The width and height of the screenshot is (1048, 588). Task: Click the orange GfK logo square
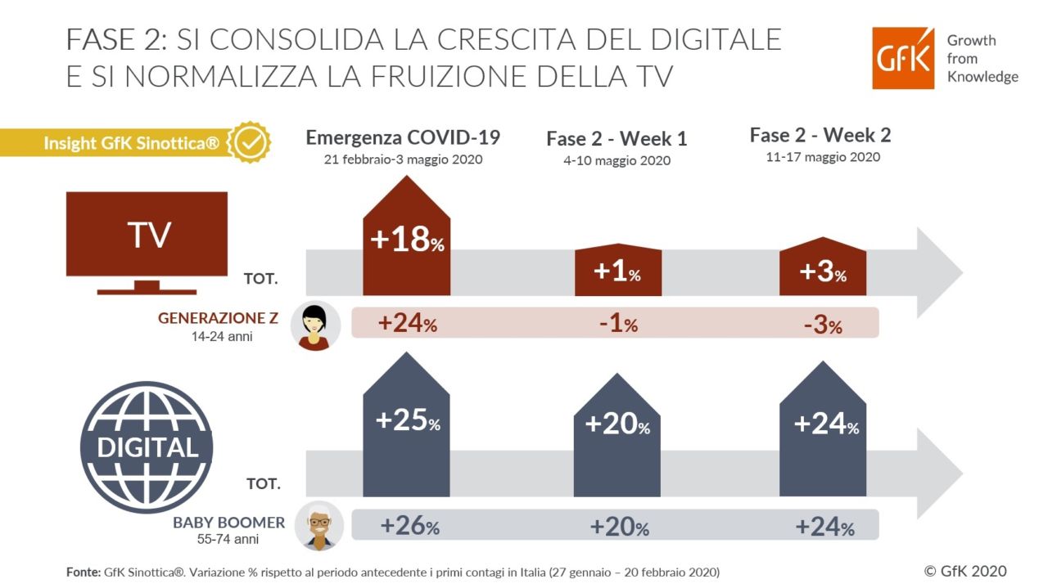pyautogui.click(x=903, y=58)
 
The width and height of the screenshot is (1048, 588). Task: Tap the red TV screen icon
pyautogui.click(x=146, y=237)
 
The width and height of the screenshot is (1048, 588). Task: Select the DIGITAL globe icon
pyautogui.click(x=147, y=447)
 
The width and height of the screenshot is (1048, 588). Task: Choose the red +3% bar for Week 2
pyautogui.click(x=822, y=267)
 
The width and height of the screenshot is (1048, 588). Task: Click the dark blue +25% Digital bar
pyautogui.click(x=407, y=425)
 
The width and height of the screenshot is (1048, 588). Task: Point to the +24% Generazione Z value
pyautogui.click(x=407, y=323)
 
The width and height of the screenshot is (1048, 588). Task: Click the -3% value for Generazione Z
pyautogui.click(x=822, y=325)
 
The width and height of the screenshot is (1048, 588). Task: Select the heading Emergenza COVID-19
pyautogui.click(x=402, y=137)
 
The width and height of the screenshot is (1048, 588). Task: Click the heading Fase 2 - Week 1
pyautogui.click(x=617, y=139)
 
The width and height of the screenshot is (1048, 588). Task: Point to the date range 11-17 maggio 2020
pyautogui.click(x=820, y=156)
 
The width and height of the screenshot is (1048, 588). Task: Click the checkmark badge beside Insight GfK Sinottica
pyautogui.click(x=248, y=143)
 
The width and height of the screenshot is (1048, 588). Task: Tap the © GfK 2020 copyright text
pyautogui.click(x=965, y=571)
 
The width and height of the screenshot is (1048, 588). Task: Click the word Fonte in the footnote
pyautogui.click(x=84, y=572)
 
